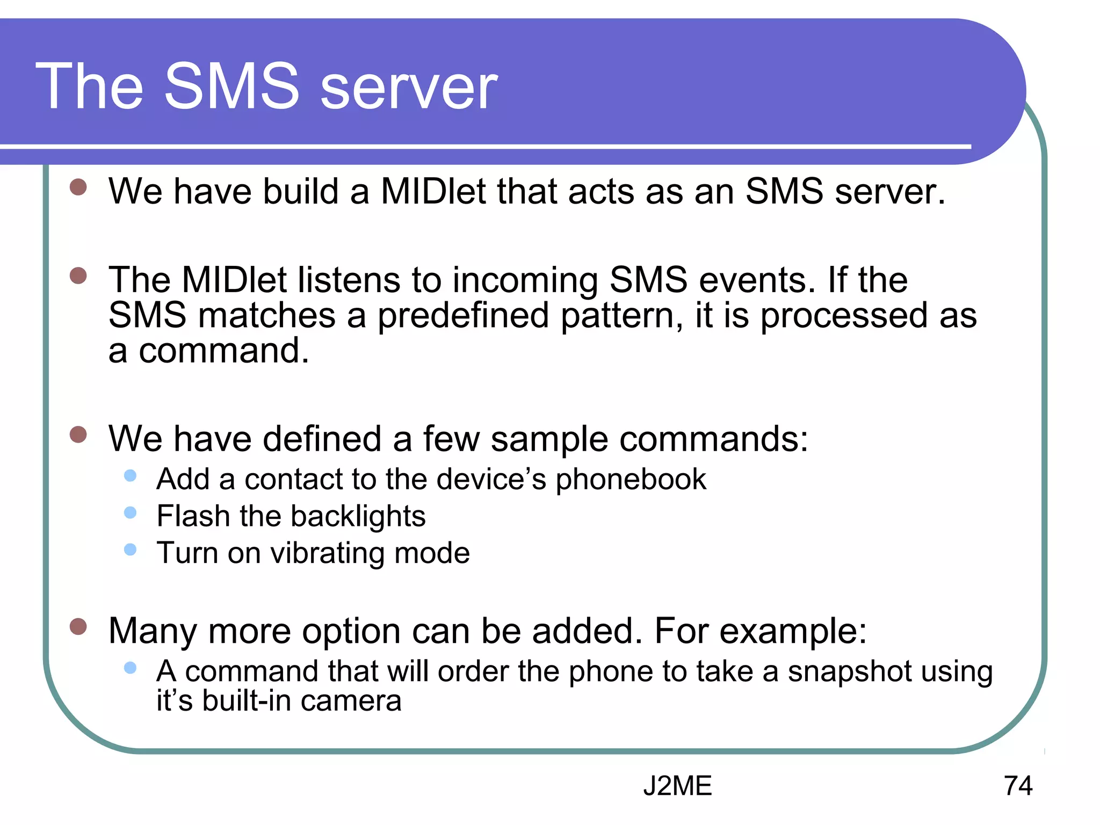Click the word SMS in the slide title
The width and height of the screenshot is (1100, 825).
click(231, 86)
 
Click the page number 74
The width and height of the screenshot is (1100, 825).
click(1018, 786)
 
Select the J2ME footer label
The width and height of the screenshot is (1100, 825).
click(677, 786)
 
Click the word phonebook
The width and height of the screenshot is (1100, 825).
click(631, 480)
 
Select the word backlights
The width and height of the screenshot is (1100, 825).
click(358, 517)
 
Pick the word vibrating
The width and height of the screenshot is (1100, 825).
click(327, 554)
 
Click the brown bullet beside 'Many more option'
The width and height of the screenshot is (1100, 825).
click(78, 626)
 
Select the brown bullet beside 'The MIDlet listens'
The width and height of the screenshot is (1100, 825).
click(78, 276)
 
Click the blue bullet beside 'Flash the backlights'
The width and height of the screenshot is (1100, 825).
click(130, 512)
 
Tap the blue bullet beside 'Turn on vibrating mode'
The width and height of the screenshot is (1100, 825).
click(130, 549)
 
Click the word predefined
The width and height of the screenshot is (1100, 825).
click(464, 316)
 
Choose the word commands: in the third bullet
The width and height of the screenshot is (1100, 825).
click(714, 439)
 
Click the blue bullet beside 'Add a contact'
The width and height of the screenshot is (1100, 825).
click(130, 475)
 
